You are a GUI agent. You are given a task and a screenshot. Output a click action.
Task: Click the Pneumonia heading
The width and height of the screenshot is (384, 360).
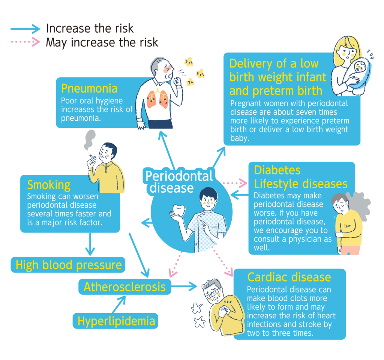point(89,88)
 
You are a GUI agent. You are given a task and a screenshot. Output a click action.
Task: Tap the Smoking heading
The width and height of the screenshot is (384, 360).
point(49,185)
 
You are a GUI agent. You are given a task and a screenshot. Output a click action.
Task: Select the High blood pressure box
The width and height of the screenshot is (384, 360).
point(68,265)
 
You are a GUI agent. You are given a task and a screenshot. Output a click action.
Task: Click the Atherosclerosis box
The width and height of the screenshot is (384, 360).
point(124,287)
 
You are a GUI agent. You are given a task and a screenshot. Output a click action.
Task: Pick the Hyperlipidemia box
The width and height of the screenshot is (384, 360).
point(116,321)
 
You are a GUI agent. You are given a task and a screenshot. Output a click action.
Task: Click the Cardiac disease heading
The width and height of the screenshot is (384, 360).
point(289,277)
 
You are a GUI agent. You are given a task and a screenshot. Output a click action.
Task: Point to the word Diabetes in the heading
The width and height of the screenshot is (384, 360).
point(277,170)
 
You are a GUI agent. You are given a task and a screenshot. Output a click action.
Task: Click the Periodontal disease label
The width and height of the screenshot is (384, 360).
point(179,181)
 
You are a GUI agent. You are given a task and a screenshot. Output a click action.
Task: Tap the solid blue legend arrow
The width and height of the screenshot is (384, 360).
point(25,28)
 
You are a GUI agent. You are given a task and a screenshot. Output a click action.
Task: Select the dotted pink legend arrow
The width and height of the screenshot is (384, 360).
point(25,42)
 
